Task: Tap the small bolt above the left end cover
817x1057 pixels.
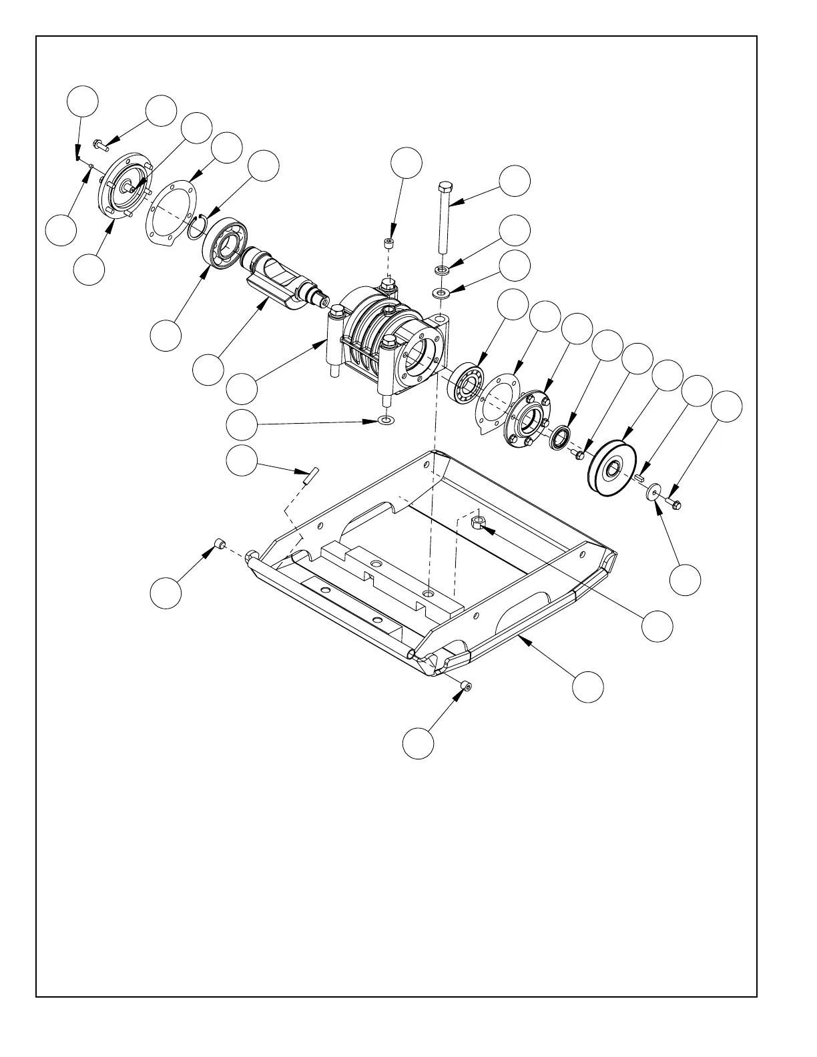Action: (99, 143)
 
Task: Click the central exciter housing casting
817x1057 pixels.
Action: (387, 340)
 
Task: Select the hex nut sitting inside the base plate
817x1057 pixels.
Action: (478, 522)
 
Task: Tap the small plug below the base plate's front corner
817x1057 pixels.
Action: (465, 685)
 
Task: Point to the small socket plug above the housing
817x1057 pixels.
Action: (390, 242)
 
